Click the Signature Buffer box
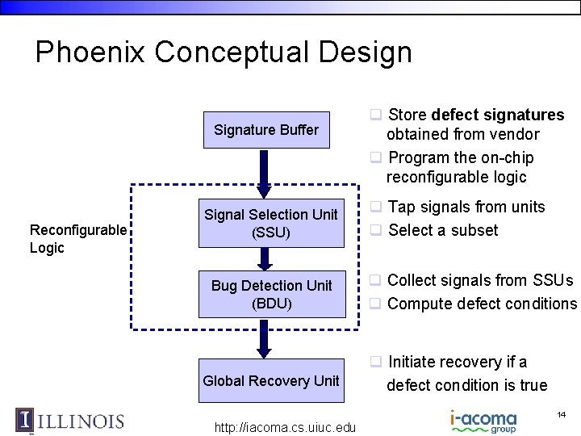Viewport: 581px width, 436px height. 265,130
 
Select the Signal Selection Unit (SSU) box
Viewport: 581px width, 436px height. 270,224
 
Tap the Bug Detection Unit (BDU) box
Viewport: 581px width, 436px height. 271,295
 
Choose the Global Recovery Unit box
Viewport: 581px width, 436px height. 271,381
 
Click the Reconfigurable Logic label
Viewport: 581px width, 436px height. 77,239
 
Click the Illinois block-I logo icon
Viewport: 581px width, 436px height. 25,421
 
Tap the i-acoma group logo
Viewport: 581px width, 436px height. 483,421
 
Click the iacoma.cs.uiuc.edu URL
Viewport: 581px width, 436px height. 285,427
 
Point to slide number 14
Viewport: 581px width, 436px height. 561,414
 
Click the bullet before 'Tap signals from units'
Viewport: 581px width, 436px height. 375,207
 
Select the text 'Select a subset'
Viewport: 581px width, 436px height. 443,230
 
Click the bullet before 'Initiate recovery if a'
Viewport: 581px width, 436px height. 375,362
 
